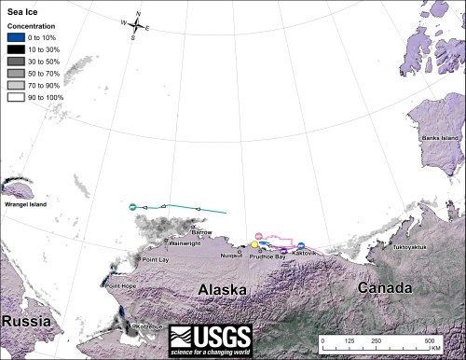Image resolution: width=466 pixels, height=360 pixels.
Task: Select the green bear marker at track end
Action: (133, 205)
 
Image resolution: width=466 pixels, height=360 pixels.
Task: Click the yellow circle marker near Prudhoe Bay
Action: (254, 243)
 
